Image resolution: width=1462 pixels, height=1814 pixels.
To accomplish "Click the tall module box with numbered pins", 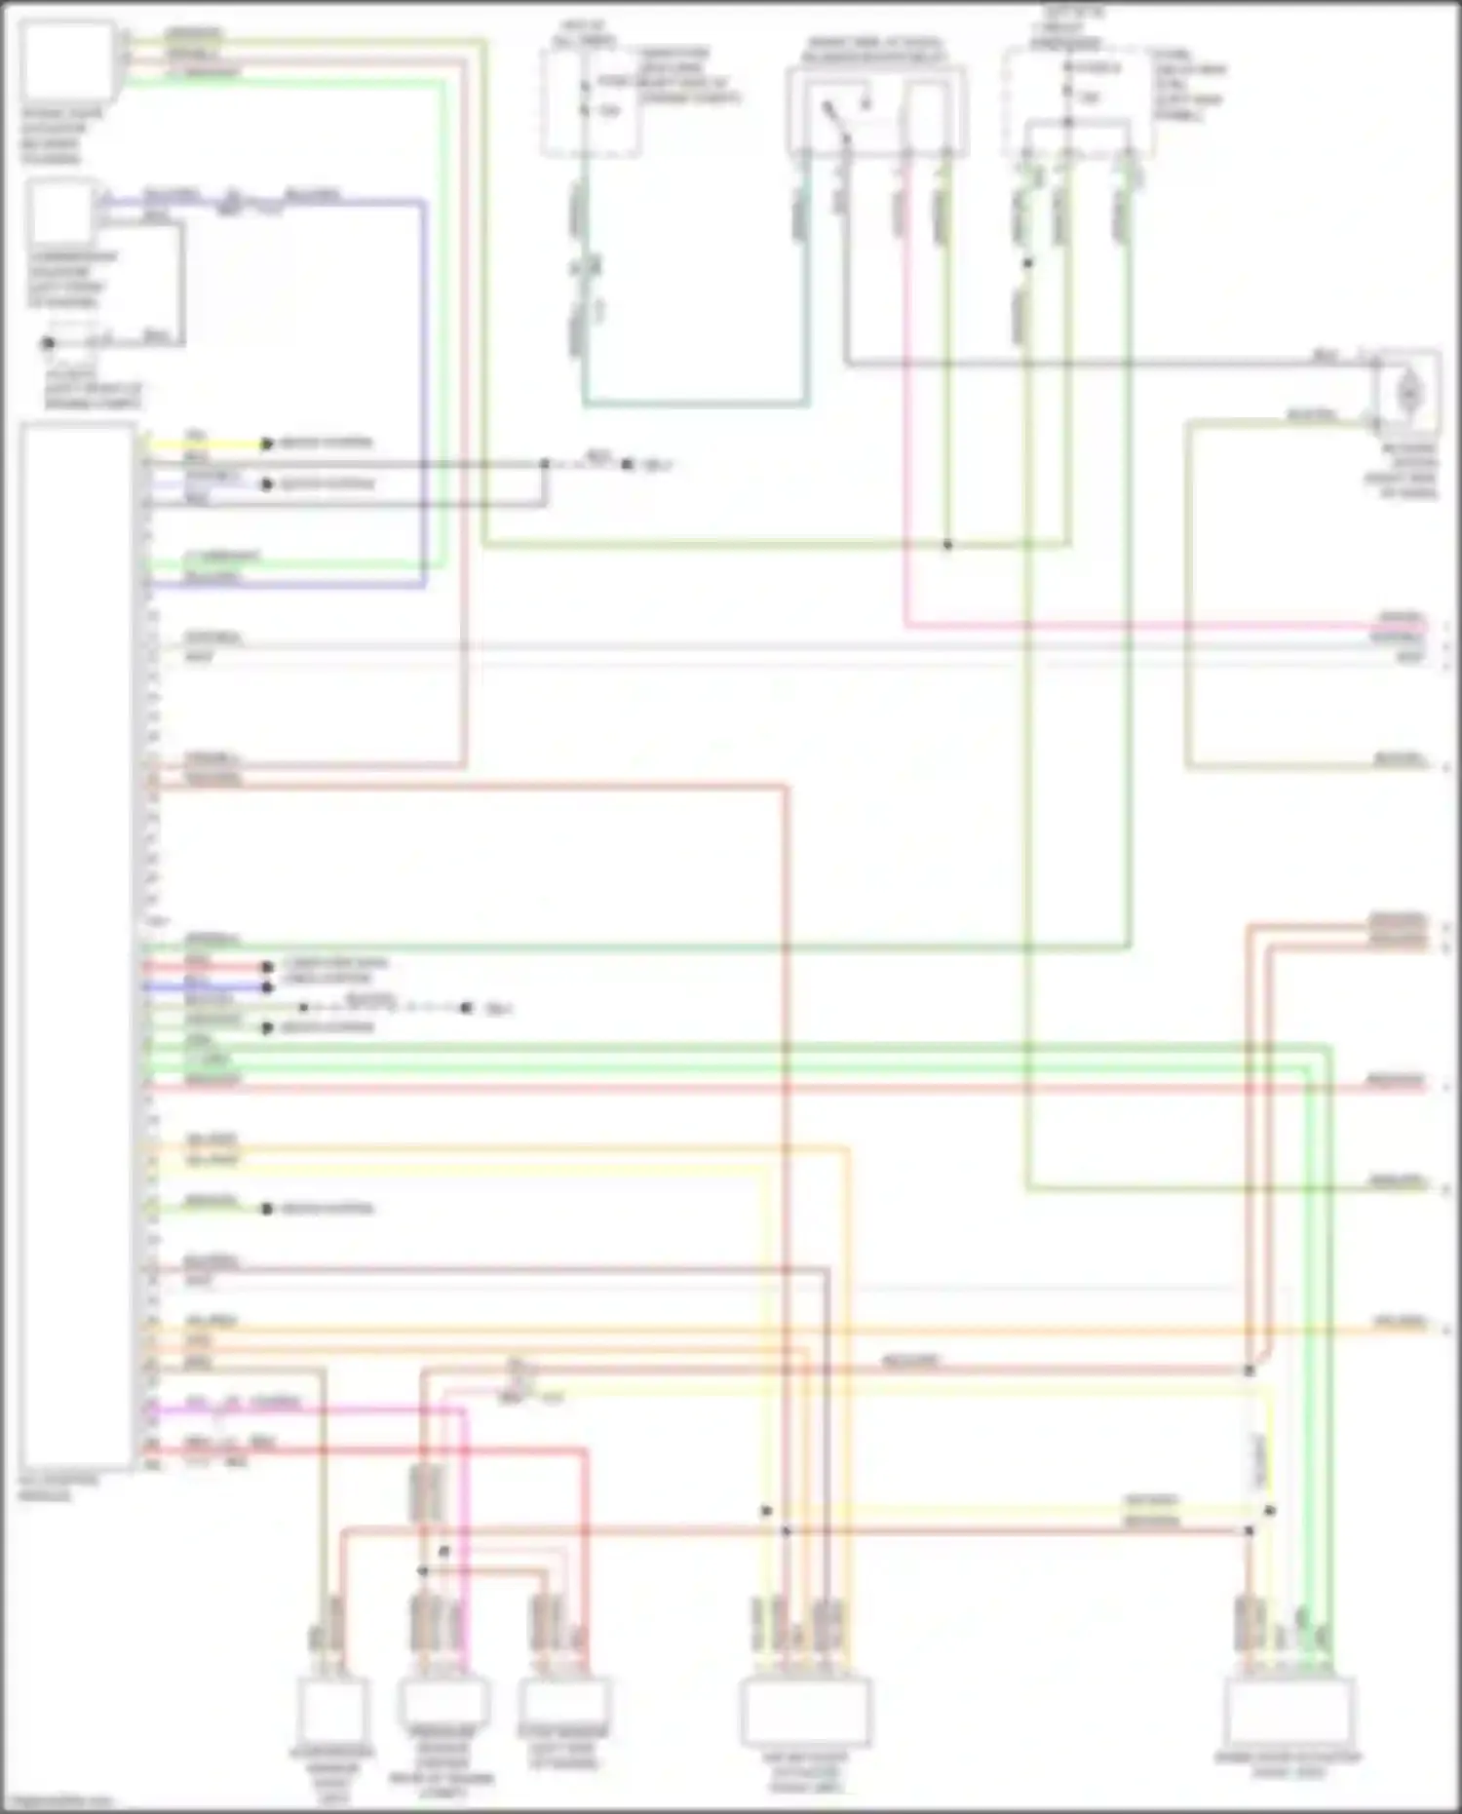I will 77,946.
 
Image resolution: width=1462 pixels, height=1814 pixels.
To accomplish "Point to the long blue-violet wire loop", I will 424,390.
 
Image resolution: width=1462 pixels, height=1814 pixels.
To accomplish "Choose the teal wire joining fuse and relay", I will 694,402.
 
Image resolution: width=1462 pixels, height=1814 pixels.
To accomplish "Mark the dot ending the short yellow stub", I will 266,444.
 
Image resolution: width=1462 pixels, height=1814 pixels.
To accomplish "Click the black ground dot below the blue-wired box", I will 48,343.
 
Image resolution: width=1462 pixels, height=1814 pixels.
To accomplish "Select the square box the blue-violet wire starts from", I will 60,213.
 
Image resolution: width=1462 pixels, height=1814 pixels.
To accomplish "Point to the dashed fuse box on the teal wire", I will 591,102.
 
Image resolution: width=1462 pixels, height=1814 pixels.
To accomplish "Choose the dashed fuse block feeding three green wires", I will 1076,102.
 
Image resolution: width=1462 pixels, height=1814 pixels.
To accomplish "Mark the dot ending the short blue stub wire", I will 266,986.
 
